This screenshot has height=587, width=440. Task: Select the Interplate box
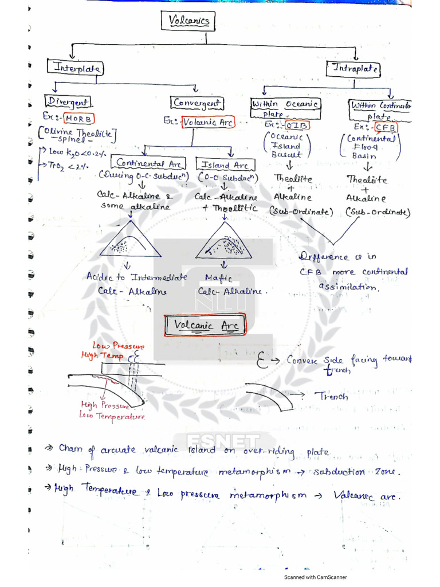[76, 68]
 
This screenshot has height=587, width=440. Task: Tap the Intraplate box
[352, 69]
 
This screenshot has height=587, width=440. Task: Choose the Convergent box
[197, 103]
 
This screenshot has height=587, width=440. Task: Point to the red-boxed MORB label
[78, 119]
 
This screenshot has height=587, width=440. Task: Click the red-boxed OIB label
[296, 125]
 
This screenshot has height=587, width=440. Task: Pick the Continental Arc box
[148, 163]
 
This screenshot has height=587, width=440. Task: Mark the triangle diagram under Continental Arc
[129, 241]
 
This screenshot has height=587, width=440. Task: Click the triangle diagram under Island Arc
[224, 241]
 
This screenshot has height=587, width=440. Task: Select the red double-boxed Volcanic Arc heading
[206, 326]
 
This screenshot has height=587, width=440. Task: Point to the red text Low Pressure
[119, 346]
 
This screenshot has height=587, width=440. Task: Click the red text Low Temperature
[112, 416]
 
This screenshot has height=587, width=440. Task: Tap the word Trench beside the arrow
[332, 396]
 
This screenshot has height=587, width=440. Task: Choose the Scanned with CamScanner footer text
[316, 577]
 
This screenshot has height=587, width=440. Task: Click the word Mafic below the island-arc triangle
[218, 278]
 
